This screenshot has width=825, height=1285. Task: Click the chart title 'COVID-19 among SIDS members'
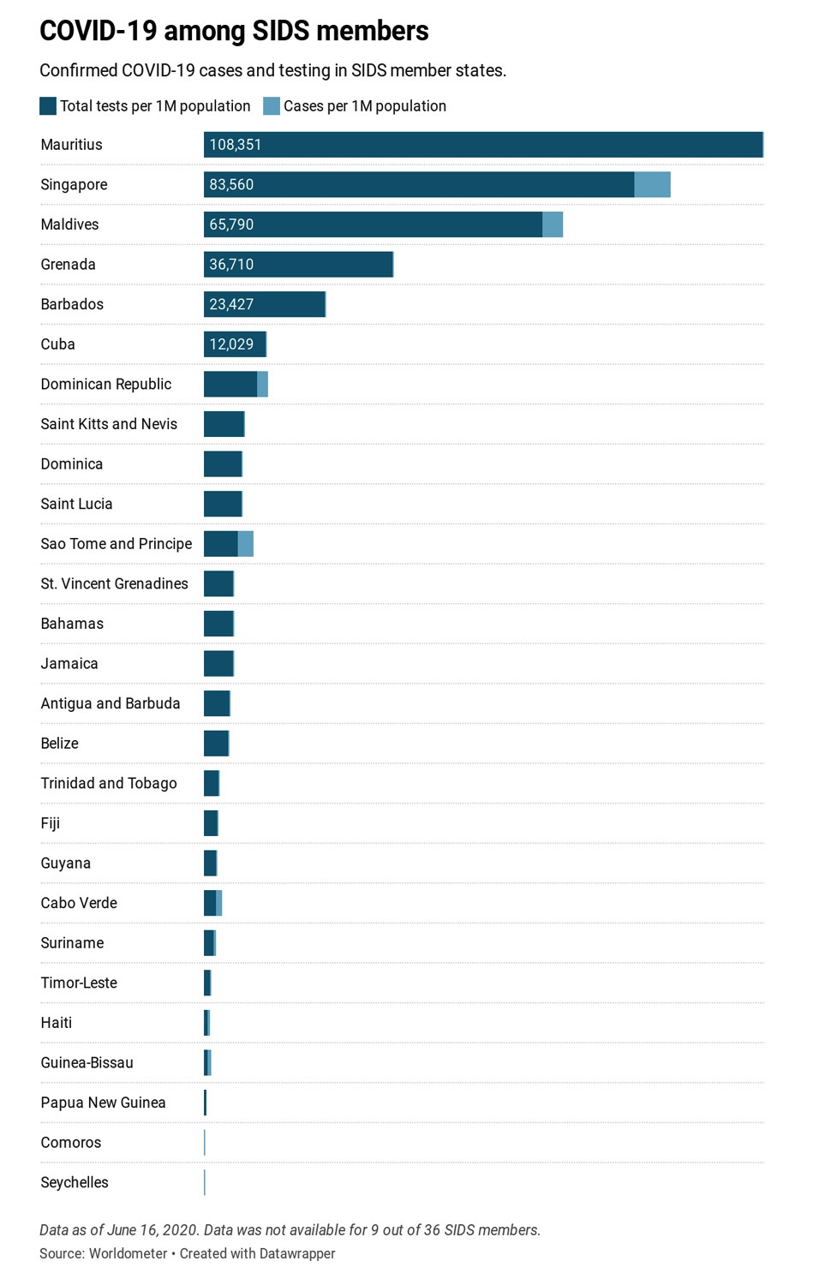tap(234, 31)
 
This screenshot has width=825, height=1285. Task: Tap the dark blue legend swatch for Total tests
tap(48, 106)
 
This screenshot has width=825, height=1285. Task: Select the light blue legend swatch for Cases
tap(272, 106)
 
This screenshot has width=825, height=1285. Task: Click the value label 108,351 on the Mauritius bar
tap(236, 145)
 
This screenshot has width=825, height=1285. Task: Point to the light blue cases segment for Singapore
tap(652, 184)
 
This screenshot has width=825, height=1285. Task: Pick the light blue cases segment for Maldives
tap(553, 224)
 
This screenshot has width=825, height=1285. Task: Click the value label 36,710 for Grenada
tap(231, 265)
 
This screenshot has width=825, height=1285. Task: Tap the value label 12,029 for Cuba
tap(231, 344)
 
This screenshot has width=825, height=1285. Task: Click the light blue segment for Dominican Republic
tap(263, 384)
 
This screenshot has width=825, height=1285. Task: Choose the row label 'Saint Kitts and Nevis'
tap(109, 424)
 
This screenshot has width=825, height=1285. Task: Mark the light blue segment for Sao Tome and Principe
tap(246, 544)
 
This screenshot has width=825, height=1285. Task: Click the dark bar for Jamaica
tap(218, 664)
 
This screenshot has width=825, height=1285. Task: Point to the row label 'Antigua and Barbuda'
tap(111, 703)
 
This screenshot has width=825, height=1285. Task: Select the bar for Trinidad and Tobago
tap(212, 783)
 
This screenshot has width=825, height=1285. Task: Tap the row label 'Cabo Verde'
tap(79, 903)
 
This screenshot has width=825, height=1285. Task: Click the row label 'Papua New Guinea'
tap(103, 1103)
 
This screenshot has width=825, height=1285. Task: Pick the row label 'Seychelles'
tap(75, 1182)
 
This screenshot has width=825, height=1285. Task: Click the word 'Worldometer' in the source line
tap(129, 1253)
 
